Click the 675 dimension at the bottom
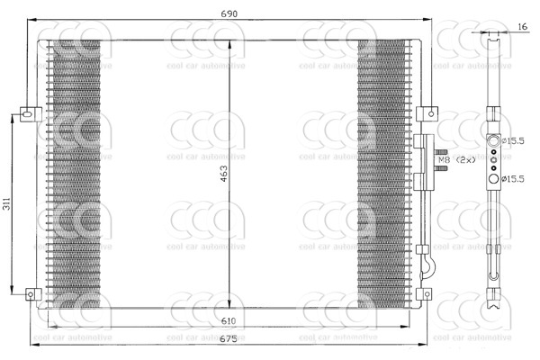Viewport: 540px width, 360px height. [x=229, y=339]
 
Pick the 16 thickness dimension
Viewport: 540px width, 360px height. [x=523, y=28]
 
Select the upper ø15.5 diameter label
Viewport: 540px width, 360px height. [x=513, y=140]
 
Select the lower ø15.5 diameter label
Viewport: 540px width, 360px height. [x=513, y=180]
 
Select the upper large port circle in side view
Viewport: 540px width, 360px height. [x=493, y=139]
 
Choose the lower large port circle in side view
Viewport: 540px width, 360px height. [x=493, y=180]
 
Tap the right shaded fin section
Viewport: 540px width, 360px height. [x=379, y=171]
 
